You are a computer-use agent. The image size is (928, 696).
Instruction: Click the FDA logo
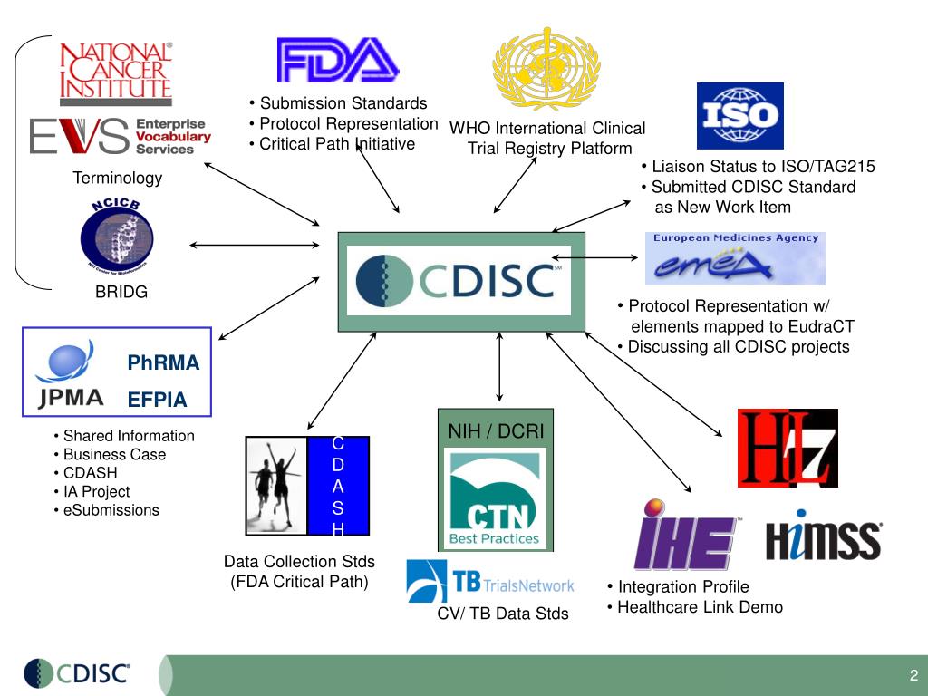pos(337,60)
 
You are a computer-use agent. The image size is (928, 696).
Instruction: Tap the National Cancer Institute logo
pos(115,71)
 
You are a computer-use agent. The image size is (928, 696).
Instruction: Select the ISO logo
pos(739,115)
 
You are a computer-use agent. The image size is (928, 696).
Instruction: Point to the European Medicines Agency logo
pos(735,258)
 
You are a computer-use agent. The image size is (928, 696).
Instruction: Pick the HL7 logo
pos(787,448)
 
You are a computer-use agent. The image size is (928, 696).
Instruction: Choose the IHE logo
pos(686,535)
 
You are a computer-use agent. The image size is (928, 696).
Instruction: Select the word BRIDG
pos(121,293)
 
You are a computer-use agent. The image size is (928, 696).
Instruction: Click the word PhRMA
pos(163,363)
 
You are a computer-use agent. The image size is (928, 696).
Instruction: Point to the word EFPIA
pos(157,399)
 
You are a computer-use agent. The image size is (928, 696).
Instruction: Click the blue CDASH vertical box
pos(338,486)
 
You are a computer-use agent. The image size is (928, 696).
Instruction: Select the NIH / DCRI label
pos(496,431)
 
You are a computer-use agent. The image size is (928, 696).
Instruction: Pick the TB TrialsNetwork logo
pos(490,582)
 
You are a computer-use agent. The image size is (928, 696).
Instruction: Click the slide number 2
pos(913,675)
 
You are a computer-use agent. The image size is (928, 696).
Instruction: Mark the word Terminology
pos(118,178)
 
